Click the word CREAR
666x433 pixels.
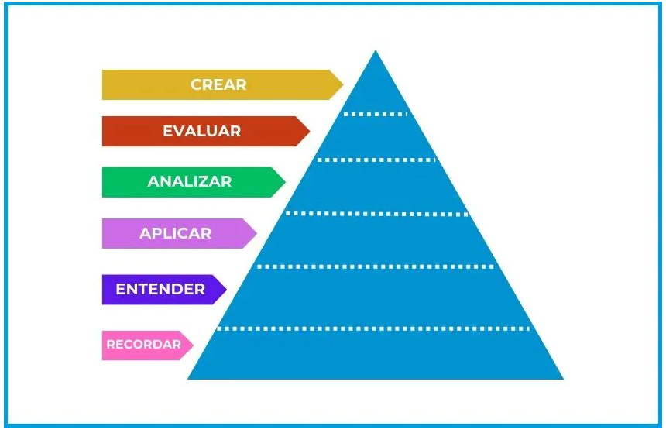[x=218, y=84]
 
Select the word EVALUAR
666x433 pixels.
[x=201, y=131]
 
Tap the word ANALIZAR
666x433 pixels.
[x=190, y=182]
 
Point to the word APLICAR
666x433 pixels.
[x=175, y=233]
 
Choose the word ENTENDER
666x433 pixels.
[x=160, y=289]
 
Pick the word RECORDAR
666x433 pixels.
[x=144, y=345]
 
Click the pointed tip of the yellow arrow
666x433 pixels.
[x=342, y=84]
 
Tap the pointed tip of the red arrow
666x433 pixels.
[x=310, y=131]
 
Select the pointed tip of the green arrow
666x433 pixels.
[x=285, y=182]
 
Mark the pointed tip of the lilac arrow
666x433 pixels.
[x=256, y=233]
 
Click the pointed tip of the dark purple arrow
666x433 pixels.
[x=226, y=289]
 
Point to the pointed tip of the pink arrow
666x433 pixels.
[x=193, y=345]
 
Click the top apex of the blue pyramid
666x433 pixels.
[x=376, y=52]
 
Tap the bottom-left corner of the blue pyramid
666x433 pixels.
[x=189, y=378]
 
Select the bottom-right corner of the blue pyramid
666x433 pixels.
[x=562, y=378]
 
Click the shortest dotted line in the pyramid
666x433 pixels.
[x=376, y=114]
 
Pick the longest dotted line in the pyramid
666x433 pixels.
[x=373, y=328]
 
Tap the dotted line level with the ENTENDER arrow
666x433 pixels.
[x=376, y=266]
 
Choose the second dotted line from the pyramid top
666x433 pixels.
[x=376, y=160]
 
